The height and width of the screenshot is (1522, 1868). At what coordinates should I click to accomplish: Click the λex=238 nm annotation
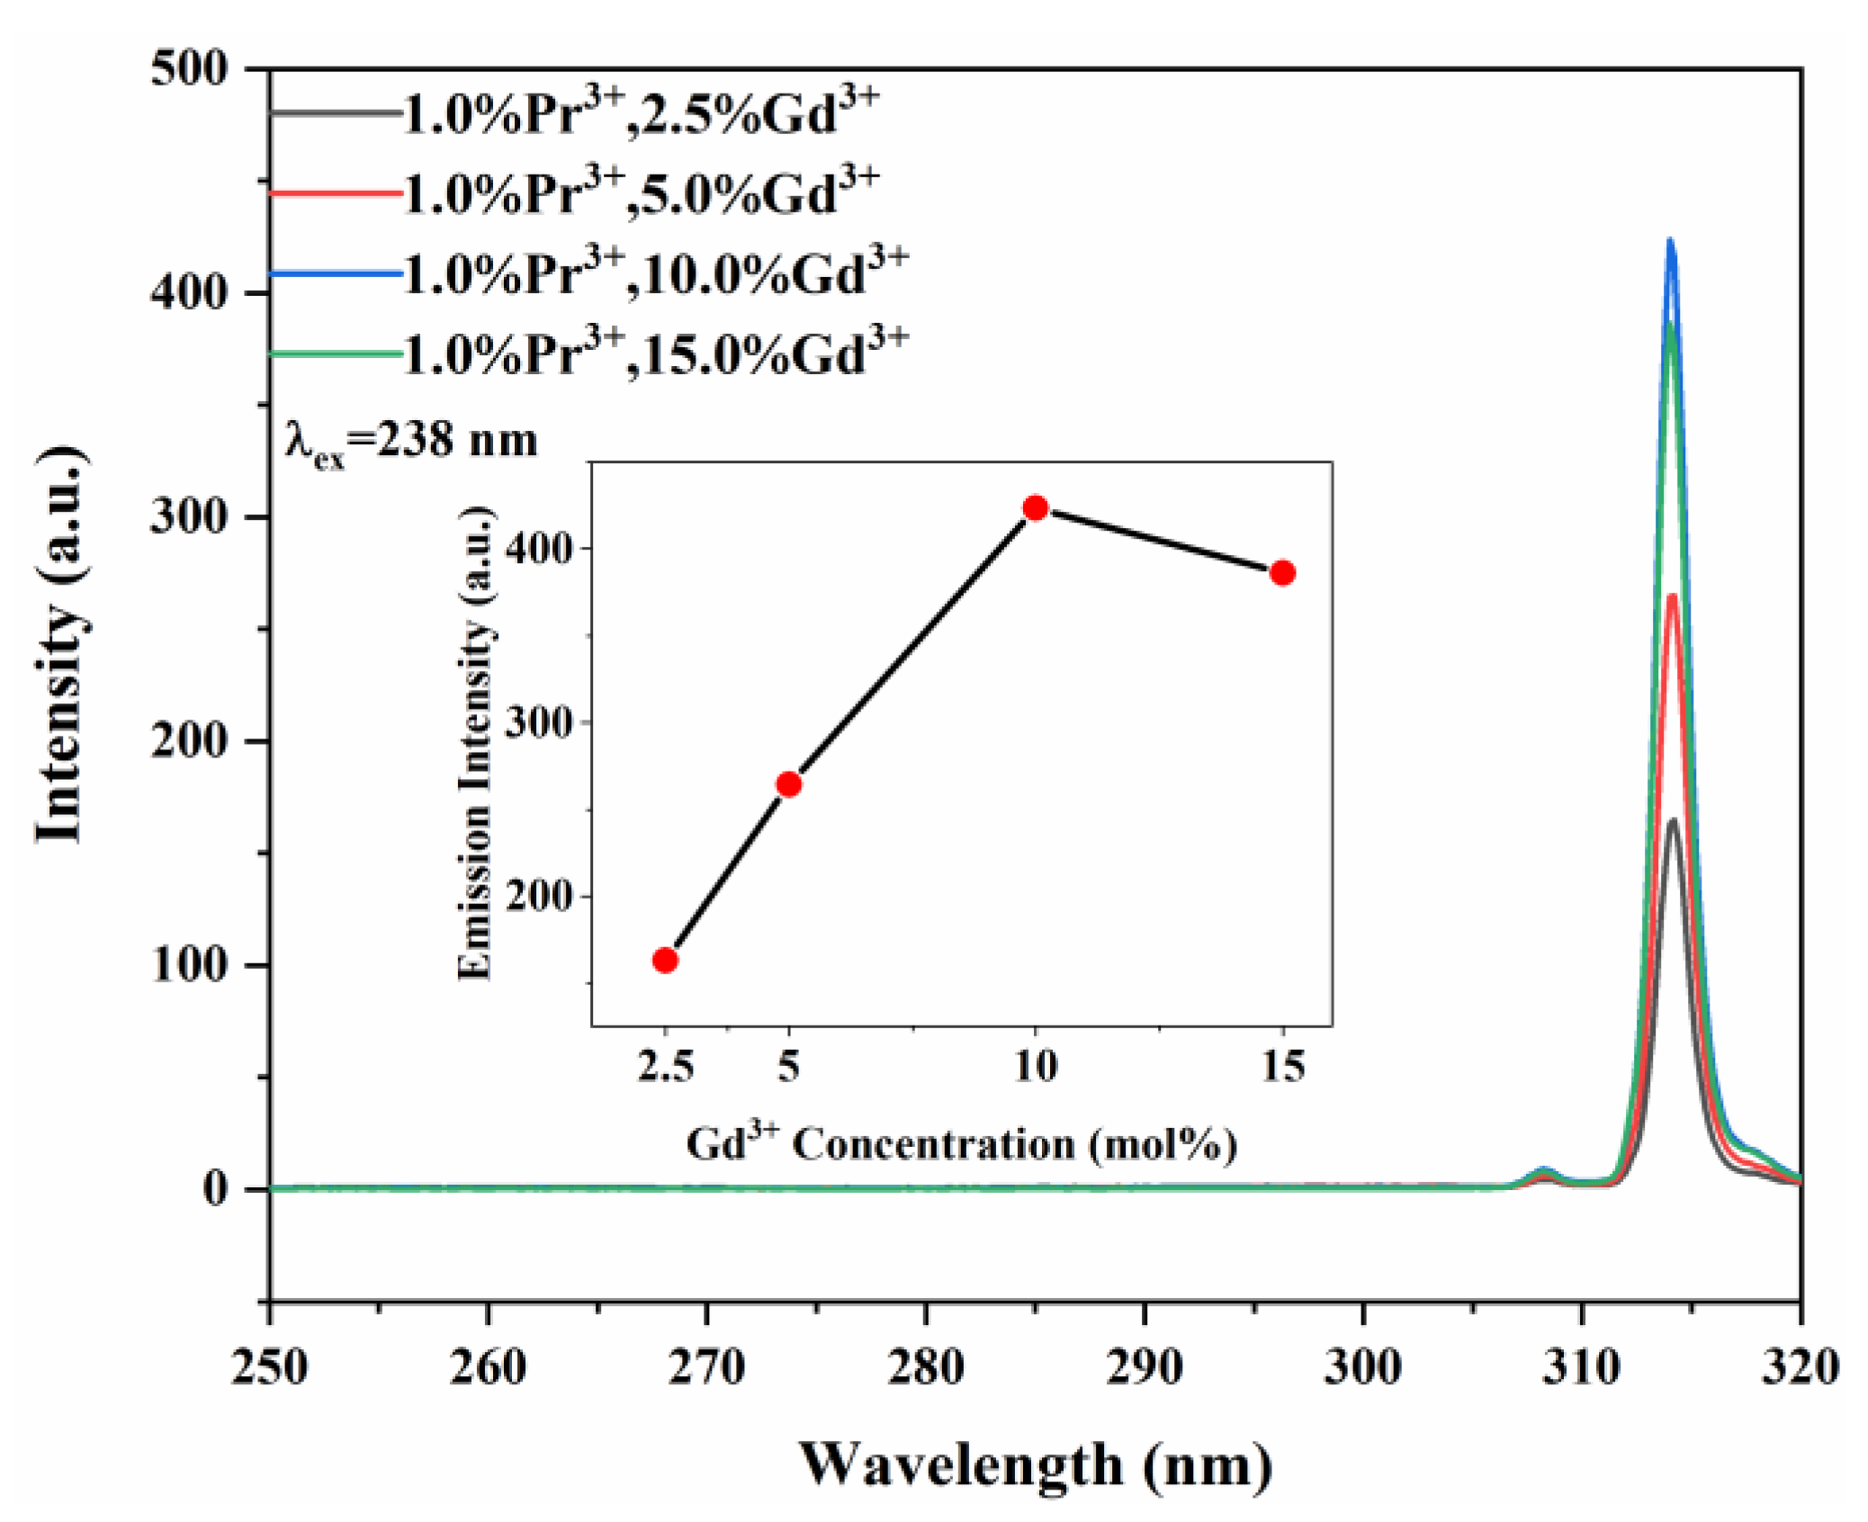tap(411, 443)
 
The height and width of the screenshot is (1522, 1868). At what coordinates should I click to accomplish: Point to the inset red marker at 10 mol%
tap(1035, 508)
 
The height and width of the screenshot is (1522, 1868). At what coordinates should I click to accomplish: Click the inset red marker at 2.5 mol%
tap(665, 960)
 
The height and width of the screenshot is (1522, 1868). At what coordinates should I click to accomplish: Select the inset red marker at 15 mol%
tap(1282, 573)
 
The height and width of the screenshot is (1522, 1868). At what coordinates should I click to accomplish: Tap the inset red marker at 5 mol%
tap(788, 784)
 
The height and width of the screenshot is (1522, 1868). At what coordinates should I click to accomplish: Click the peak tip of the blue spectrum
tap(1670, 241)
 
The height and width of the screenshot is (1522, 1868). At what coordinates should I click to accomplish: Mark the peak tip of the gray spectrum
tap(1673, 820)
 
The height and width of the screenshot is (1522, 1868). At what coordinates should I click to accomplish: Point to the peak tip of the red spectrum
tap(1672, 595)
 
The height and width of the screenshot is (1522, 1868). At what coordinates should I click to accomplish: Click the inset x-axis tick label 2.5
tap(665, 1067)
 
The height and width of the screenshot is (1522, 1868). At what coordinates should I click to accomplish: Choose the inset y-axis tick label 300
tap(538, 722)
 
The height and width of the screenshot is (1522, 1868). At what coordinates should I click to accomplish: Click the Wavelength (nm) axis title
tap(1035, 1464)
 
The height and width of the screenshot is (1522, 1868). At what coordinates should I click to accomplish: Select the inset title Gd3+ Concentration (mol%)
tap(961, 1144)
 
